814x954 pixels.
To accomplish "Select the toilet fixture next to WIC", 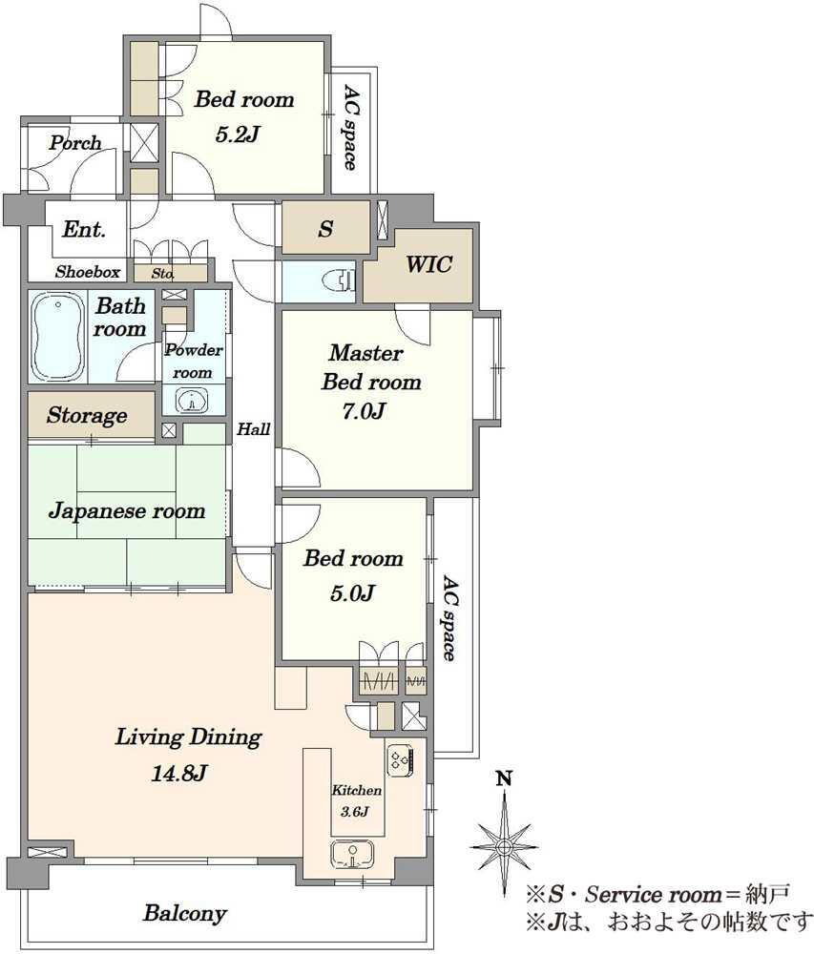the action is [341, 280].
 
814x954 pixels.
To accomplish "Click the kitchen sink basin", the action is [352, 854].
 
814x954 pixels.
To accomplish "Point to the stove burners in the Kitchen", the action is [400, 760].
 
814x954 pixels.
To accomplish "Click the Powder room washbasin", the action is [192, 401].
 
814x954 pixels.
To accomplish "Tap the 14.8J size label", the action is [178, 774].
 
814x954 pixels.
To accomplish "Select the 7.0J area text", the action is [363, 411].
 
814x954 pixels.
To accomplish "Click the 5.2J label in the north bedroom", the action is [238, 134].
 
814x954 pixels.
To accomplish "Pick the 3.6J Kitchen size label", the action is [355, 811].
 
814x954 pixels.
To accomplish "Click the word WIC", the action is [428, 264].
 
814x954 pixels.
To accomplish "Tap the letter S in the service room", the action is [326, 229].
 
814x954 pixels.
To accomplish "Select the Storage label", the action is [87, 416].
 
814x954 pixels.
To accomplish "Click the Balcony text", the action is [185, 913].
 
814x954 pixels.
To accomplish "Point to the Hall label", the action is [254, 429].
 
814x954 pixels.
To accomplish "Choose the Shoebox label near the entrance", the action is [88, 272].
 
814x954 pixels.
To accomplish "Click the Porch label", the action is [75, 143].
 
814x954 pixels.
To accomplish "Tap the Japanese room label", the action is [127, 510].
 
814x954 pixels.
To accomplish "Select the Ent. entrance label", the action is [84, 229].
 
